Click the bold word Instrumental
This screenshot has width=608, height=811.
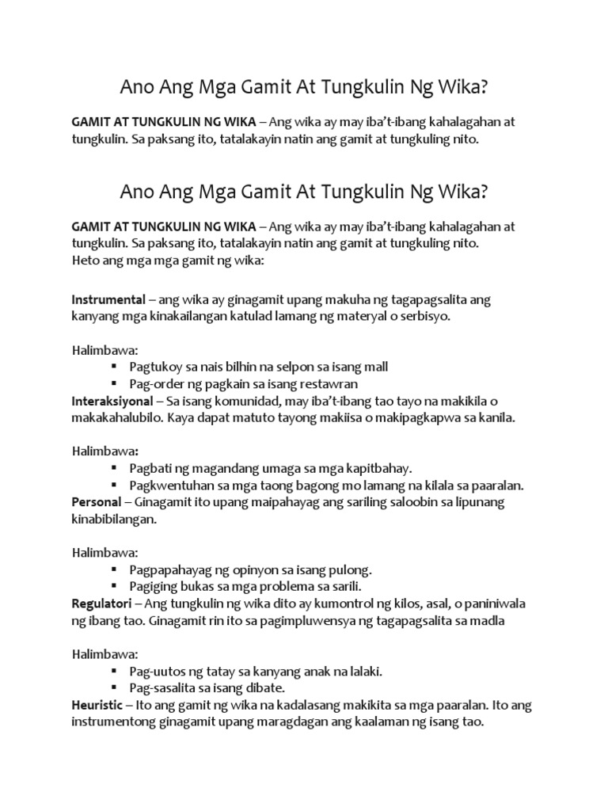[108, 300]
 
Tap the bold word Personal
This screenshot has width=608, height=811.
[96, 503]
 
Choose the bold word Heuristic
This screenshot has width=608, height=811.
[97, 706]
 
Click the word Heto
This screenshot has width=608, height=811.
[86, 260]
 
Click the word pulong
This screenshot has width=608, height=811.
[351, 570]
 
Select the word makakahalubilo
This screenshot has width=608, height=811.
[116, 418]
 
